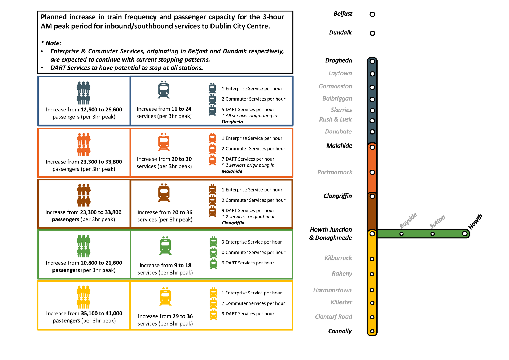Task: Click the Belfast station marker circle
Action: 372,14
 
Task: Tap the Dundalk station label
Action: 340,33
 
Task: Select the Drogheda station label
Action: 339,60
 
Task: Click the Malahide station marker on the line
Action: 372,147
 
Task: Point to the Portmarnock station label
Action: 335,172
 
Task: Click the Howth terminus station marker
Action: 464,234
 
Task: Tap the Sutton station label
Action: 437,222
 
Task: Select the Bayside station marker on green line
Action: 401,234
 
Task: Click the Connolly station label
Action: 340,331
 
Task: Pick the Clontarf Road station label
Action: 333,317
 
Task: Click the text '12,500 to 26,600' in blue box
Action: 101,110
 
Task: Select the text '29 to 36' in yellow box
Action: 183,316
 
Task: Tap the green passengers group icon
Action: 84,246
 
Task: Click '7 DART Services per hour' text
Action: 248,159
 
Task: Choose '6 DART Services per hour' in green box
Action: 248,263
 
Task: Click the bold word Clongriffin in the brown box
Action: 233,223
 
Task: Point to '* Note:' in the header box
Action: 51,43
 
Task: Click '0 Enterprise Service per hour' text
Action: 252,242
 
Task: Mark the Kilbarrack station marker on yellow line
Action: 372,259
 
